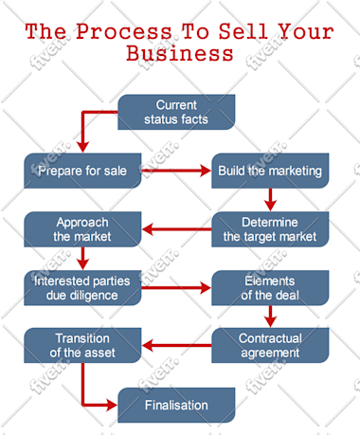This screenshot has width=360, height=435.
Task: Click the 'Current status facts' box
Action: click(x=176, y=112)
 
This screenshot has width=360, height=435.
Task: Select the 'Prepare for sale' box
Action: click(x=82, y=171)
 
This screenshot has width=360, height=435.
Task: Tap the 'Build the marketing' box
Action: click(x=270, y=171)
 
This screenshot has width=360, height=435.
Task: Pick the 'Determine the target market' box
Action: click(x=270, y=229)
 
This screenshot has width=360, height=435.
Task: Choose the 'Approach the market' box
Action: click(x=82, y=229)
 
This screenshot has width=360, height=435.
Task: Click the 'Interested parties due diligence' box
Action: click(x=82, y=288)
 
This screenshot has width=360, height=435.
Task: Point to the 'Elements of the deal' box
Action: click(x=270, y=288)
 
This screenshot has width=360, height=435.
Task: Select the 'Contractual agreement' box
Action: click(x=270, y=345)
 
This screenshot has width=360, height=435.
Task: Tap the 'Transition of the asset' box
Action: click(x=82, y=345)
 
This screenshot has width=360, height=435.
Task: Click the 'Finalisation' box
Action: click(x=176, y=405)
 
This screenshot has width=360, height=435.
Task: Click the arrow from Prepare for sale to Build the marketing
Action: click(x=176, y=171)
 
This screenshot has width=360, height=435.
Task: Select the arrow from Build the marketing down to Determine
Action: click(x=270, y=200)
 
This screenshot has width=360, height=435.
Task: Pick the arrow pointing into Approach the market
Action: click(x=177, y=229)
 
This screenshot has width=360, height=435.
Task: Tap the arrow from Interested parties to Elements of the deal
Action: click(x=176, y=288)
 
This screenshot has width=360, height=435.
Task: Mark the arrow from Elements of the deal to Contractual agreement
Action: click(x=270, y=317)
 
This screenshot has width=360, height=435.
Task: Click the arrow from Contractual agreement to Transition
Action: click(x=177, y=345)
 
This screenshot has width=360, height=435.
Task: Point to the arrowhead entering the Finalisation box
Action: click(x=112, y=405)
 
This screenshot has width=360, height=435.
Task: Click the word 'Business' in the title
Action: click(x=180, y=53)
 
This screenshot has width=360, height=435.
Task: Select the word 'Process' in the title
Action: click(x=124, y=31)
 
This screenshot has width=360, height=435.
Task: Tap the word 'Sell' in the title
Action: click(x=243, y=31)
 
